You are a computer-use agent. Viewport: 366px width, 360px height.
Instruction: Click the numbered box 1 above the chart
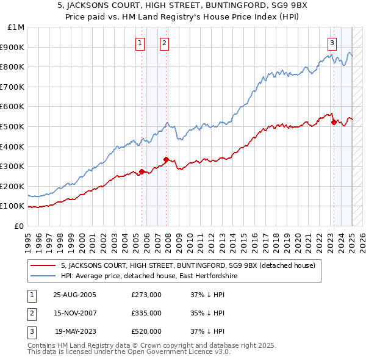pyautogui.click(x=141, y=43)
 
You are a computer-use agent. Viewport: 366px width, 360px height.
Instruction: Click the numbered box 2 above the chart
pyautogui.click(x=165, y=43)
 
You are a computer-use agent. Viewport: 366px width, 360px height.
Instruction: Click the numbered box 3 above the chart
pyautogui.click(x=332, y=43)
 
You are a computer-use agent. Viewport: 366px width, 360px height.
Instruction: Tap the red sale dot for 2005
pyautogui.click(x=142, y=171)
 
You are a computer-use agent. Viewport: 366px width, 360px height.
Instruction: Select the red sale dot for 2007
pyautogui.click(x=165, y=159)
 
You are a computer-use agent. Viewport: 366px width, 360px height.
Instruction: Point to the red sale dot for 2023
pyautogui.click(x=334, y=122)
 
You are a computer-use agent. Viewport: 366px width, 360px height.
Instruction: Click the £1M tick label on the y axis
pyautogui.click(x=16, y=27)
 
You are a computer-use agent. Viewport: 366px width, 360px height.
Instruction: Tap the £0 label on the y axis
pyautogui.click(x=19, y=226)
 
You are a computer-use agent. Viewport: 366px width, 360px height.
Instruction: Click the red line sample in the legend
pyautogui.click(x=43, y=265)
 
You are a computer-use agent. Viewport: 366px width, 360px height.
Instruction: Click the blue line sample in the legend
pyautogui.click(x=43, y=276)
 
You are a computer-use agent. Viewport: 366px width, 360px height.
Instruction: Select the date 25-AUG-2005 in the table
pyautogui.click(x=75, y=295)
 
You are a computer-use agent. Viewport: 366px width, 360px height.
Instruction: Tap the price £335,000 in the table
pyautogui.click(x=146, y=313)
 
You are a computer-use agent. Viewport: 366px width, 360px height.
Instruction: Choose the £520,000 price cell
pyautogui.click(x=146, y=331)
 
